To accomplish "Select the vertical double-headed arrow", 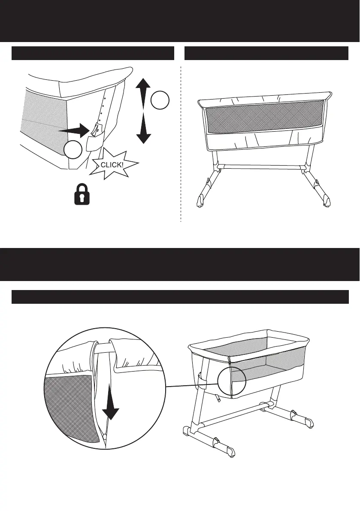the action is (x=144, y=111).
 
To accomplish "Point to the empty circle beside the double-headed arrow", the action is (x=160, y=100).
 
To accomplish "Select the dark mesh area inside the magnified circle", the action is (x=69, y=408).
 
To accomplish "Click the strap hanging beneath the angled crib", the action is (x=219, y=399).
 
